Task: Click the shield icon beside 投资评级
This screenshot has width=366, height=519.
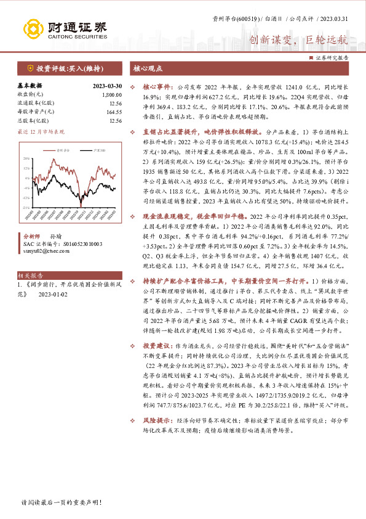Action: click(30, 68)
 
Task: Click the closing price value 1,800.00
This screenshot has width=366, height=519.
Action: click(111, 96)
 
